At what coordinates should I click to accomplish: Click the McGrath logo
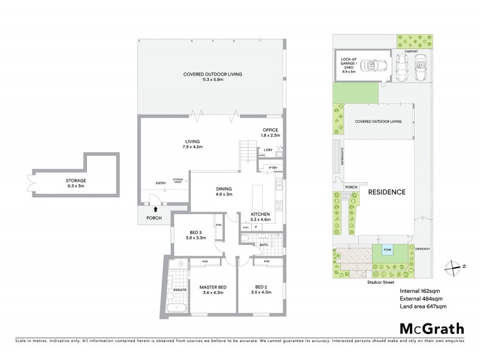pos(432,328)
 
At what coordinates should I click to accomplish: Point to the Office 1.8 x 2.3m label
pos(271,133)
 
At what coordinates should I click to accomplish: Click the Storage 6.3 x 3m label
pos(76,183)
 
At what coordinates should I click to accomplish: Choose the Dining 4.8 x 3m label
pos(224,192)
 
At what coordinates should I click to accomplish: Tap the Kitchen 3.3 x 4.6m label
pos(260,217)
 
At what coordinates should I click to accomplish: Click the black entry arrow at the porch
pos(157,209)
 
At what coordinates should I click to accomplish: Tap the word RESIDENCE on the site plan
pos(386,192)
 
